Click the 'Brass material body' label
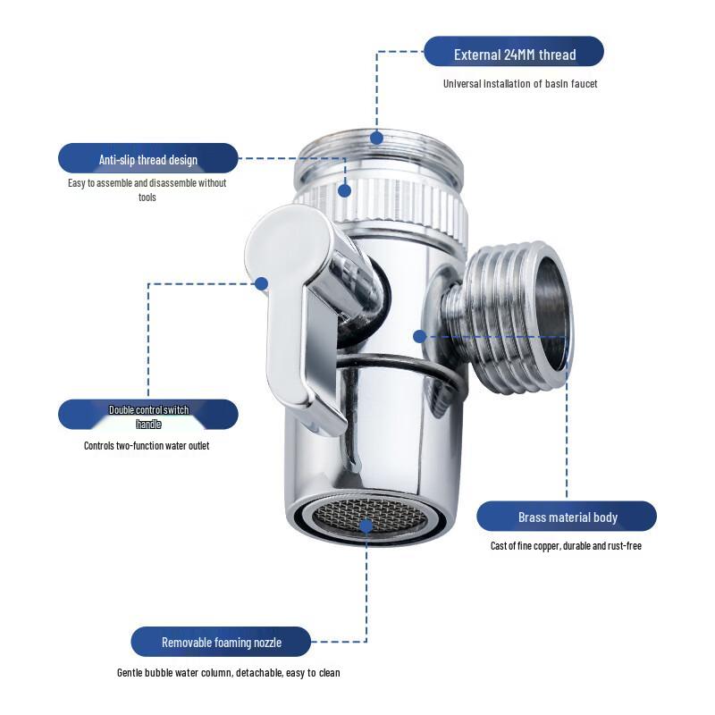[567, 517]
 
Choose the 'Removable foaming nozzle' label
[221, 642]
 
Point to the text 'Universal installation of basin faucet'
[520, 84]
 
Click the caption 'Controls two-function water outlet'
[147, 445]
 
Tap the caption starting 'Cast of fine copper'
[566, 546]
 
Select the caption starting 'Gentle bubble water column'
[228, 673]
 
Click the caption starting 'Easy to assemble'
[147, 189]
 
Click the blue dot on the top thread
[376, 138]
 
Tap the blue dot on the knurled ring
[345, 190]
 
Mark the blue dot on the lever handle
[262, 284]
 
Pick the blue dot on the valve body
[419, 336]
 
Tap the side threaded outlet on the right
[514, 313]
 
